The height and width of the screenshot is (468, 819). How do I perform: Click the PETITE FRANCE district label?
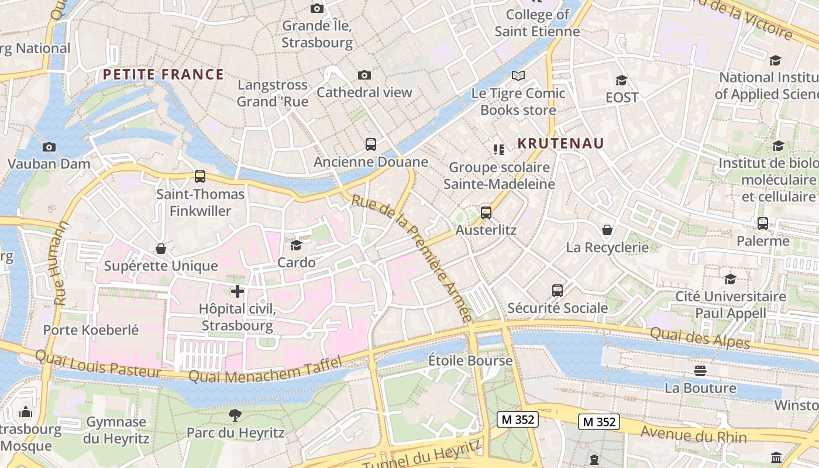coord(163,74)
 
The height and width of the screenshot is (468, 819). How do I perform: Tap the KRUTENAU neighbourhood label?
coord(560,143)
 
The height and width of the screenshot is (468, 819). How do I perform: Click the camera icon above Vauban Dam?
coord(49,147)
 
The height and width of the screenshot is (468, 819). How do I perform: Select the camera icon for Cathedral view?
coord(364,75)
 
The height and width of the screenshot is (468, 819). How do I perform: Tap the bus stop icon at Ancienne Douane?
coord(371,144)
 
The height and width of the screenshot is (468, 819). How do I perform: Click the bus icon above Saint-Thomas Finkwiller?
coord(200,176)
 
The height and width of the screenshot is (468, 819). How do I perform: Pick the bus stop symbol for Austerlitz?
coord(486,213)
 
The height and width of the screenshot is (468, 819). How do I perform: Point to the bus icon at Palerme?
coord(763,223)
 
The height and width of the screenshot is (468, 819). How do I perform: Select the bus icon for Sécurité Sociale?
coord(558,291)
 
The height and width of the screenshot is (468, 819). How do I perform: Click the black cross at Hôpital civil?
coord(238,291)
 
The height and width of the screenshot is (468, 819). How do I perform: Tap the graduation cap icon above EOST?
coord(621,80)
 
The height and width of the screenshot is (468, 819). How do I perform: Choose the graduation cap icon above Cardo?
coord(297,245)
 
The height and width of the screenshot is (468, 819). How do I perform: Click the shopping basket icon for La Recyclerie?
coord(607,230)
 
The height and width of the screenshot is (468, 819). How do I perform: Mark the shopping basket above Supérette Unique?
coord(161,249)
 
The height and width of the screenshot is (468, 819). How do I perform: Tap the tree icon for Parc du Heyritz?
coord(235,415)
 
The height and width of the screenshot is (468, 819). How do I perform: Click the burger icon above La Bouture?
coord(700,370)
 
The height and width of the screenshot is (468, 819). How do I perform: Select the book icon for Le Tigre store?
coord(518,75)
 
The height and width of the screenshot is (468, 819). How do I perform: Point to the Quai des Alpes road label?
coord(700,337)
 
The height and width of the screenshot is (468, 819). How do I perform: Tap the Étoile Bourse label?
coord(470,360)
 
